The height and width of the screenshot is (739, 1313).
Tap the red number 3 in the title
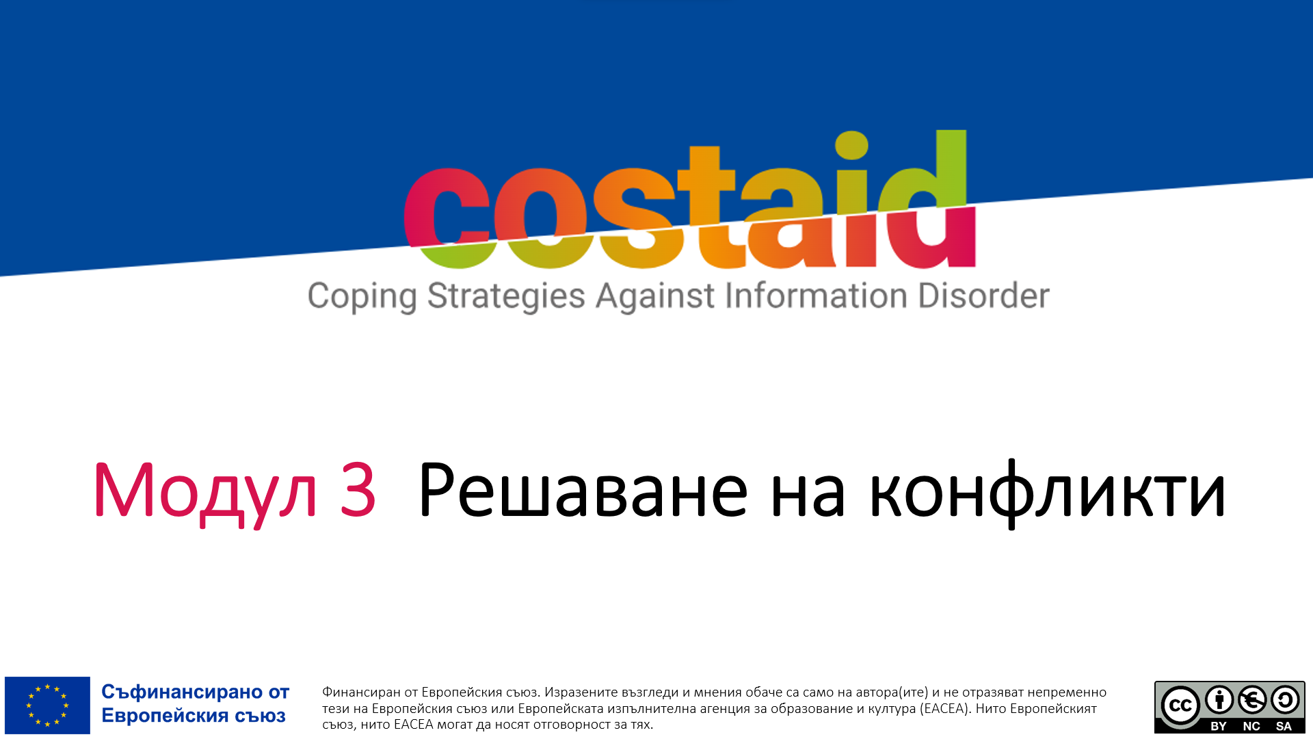tap(358, 489)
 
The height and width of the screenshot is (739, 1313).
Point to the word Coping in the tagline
tap(362, 297)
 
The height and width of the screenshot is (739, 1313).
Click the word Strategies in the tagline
tap(506, 297)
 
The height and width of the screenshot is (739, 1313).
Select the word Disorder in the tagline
tap(983, 296)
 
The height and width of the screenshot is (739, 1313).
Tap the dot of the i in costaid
tap(851, 144)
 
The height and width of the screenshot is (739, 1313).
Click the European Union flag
tap(47, 705)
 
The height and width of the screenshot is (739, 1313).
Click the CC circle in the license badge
tap(1181, 705)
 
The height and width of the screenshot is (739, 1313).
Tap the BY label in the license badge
tap(1219, 726)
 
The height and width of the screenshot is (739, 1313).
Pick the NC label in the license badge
tap(1251, 726)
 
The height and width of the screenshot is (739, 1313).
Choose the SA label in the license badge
tap(1284, 726)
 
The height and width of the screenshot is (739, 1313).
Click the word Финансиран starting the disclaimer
tap(361, 692)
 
